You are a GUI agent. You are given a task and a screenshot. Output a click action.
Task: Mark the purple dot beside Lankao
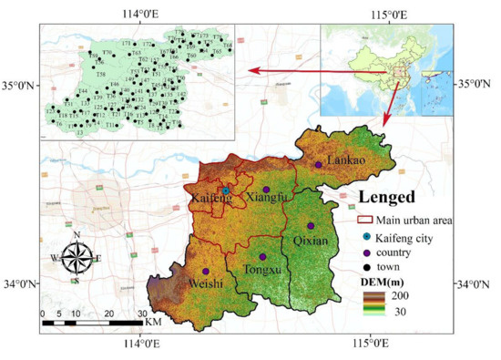click(x=318, y=165)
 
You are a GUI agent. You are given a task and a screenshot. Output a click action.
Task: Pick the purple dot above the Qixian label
click(x=310, y=226)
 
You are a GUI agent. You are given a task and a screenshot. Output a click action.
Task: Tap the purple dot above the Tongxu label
click(x=262, y=257)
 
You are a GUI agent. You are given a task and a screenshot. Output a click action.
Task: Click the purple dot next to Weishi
click(x=206, y=272)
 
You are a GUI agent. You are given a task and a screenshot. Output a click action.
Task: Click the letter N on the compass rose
click(x=77, y=236)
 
